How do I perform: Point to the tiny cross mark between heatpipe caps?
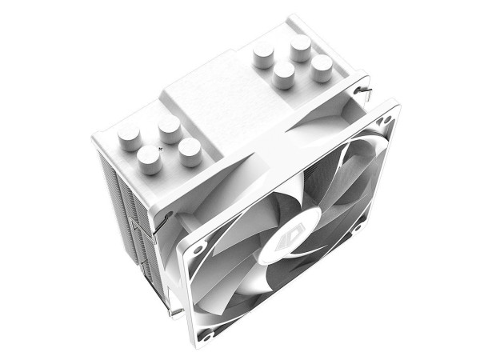(x=161, y=148)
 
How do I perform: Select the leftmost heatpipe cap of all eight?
(x=128, y=140)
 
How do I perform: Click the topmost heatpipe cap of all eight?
(x=301, y=46)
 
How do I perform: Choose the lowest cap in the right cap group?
(x=283, y=74)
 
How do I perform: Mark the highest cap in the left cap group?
(x=169, y=126)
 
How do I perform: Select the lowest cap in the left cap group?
(x=149, y=161)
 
